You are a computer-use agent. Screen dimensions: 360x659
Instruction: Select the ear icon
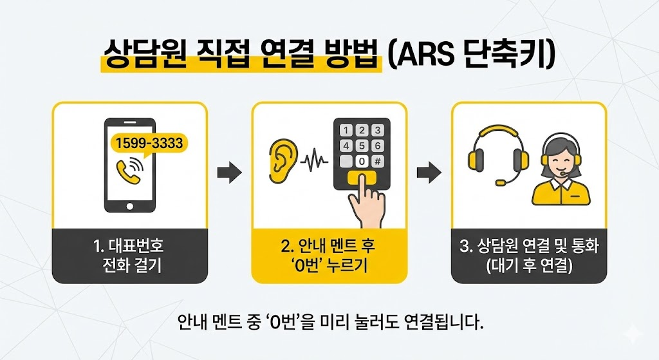(283, 159)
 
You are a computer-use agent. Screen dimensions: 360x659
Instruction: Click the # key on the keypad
(378, 162)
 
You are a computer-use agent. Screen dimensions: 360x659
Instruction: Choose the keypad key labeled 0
(362, 162)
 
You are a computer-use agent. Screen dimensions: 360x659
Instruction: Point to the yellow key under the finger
(362, 178)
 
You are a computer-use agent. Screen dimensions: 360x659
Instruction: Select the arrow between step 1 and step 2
(230, 172)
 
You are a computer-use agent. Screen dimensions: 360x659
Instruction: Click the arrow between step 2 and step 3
(429, 172)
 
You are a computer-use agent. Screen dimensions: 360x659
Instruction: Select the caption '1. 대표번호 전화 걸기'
(130, 256)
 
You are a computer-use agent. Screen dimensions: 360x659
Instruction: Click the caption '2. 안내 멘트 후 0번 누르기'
(329, 256)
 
